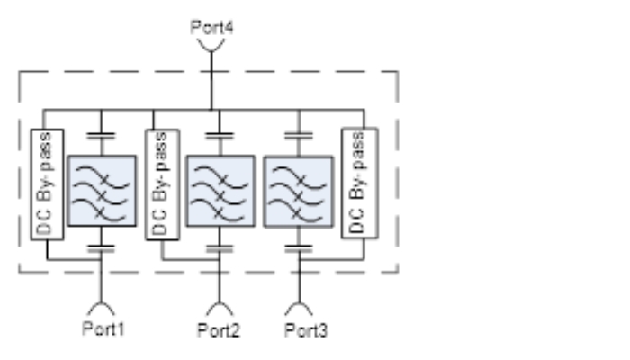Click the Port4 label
click(x=211, y=27)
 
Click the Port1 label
click(x=103, y=328)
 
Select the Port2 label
click(x=219, y=330)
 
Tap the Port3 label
click(x=306, y=330)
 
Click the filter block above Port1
click(x=102, y=191)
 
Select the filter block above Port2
click(x=220, y=191)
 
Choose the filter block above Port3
click(x=299, y=192)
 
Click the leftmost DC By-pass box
click(x=47, y=184)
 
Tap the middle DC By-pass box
click(x=162, y=184)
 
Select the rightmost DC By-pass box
click(x=360, y=184)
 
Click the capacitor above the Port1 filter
click(x=101, y=137)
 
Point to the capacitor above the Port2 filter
click(x=220, y=137)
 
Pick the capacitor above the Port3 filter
click(x=299, y=137)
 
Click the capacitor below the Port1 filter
click(x=101, y=249)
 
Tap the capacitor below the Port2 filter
click(x=220, y=249)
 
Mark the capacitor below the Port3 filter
click(x=299, y=249)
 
